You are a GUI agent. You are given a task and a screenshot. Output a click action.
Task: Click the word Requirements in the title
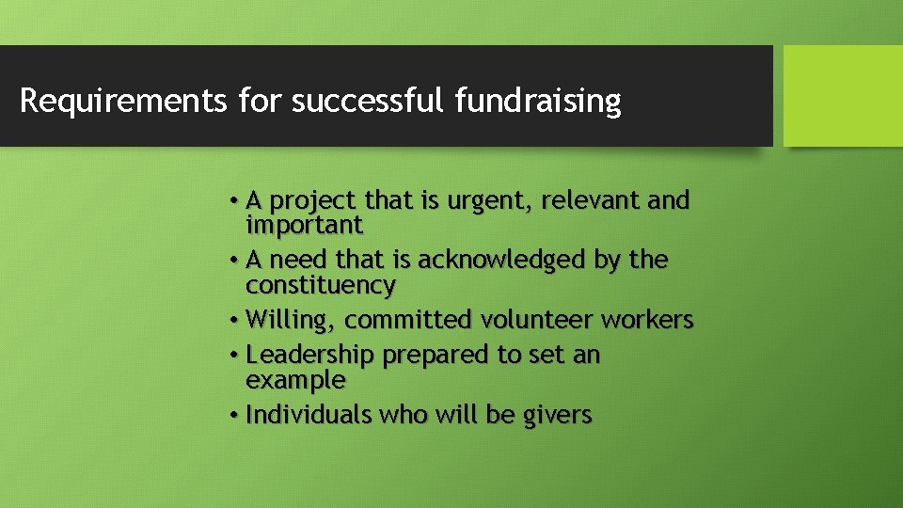point(123,100)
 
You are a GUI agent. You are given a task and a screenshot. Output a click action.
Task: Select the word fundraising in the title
point(537,100)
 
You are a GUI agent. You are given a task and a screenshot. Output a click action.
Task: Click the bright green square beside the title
point(843,96)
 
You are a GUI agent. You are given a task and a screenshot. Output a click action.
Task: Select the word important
point(304,226)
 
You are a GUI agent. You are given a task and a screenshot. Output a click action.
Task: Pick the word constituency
point(321,285)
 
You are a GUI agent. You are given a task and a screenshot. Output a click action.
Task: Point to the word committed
point(407,321)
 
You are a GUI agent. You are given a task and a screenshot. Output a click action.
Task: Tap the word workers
point(647,320)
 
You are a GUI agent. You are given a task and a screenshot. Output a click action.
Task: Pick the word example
point(295,381)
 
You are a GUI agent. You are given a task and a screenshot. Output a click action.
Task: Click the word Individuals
point(309,415)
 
